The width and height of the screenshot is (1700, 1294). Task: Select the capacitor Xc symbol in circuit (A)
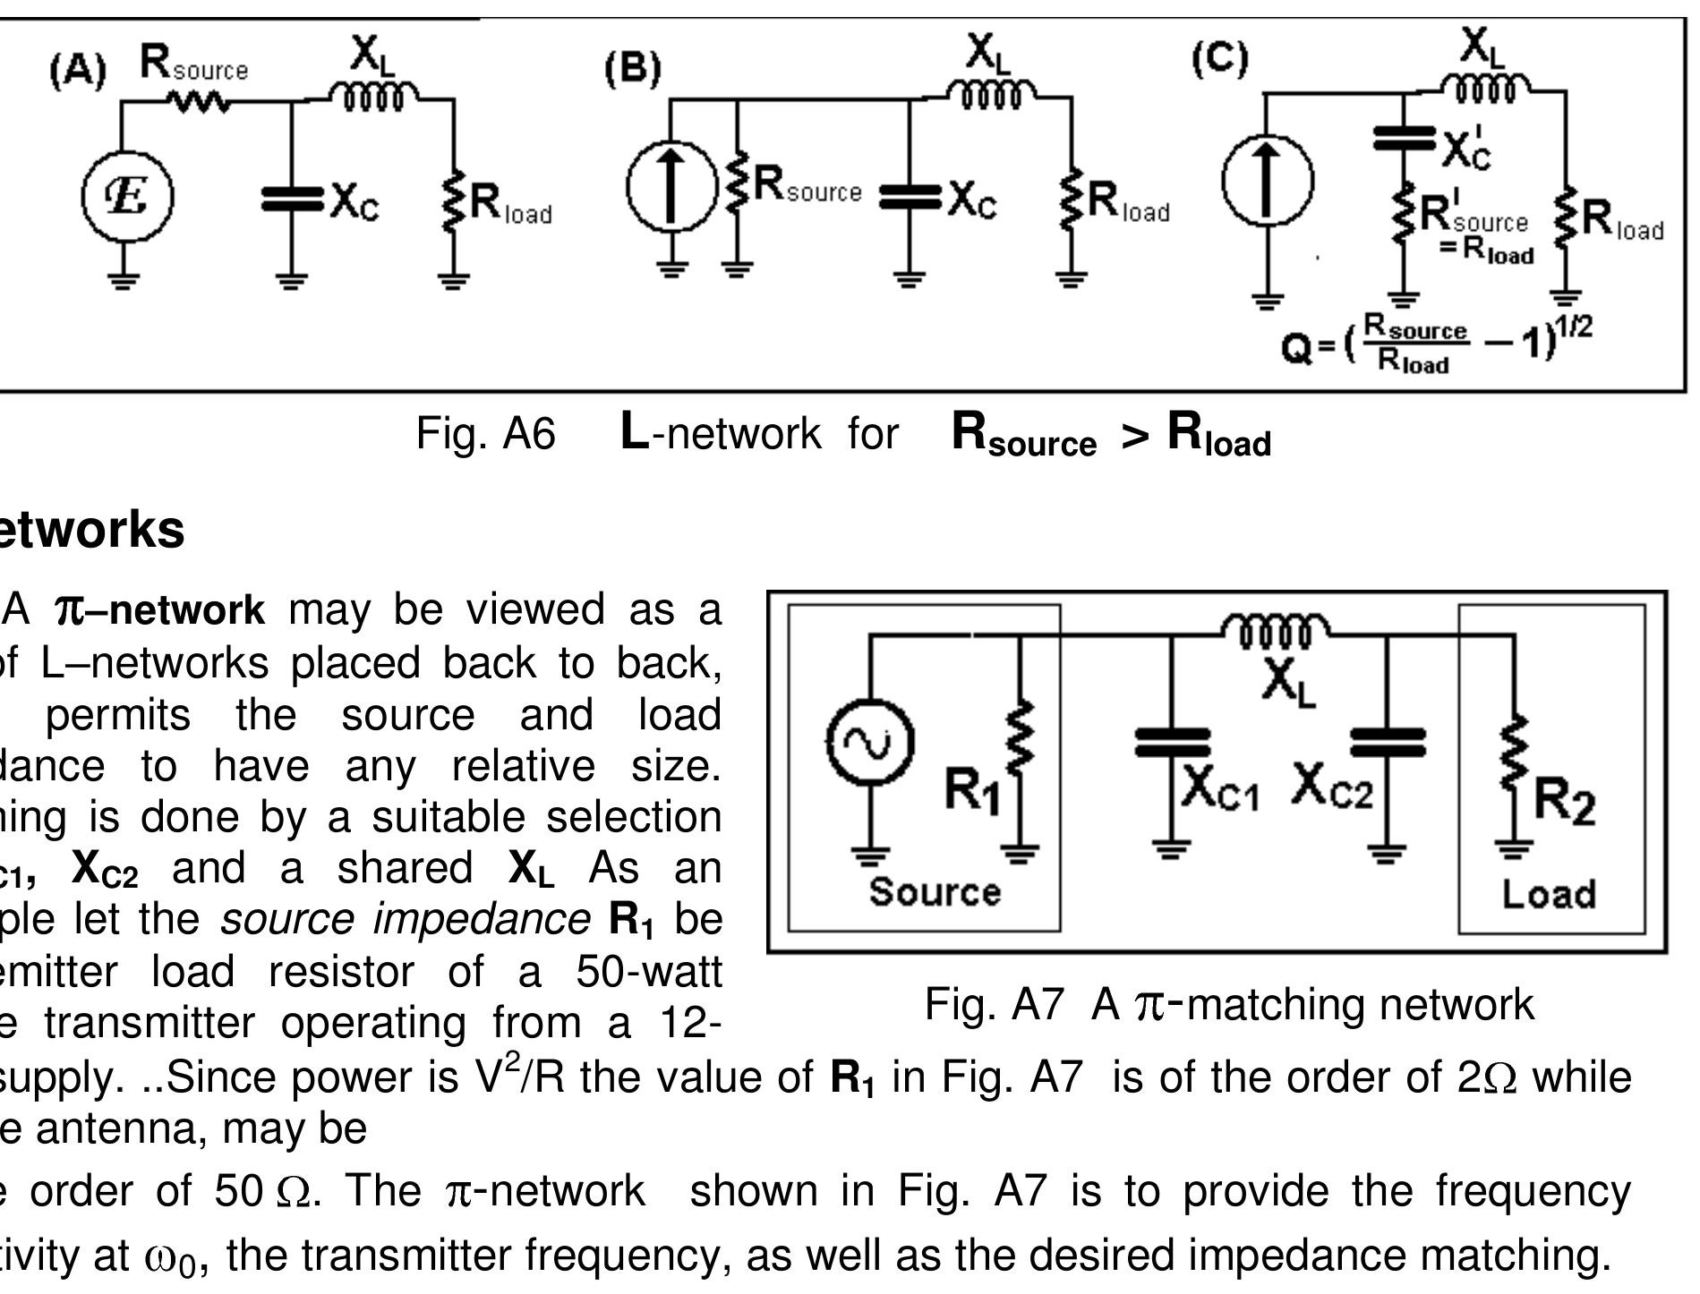coord(291,200)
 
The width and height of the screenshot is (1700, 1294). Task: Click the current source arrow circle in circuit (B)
coord(671,186)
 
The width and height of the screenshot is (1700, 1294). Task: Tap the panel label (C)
coord(1219,59)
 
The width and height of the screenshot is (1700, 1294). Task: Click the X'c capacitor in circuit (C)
coord(1404,140)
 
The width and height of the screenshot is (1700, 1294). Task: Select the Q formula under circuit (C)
coord(1436,344)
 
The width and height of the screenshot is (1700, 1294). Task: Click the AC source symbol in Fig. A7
coord(870,742)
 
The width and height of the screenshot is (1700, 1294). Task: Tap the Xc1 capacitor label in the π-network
coord(1219,788)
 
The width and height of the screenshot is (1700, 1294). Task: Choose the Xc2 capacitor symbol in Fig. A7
coord(1387,743)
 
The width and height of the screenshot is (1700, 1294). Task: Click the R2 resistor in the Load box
coord(1514,761)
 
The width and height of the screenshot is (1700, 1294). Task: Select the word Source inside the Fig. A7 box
coord(935,891)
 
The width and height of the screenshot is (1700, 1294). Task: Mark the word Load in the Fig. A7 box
coord(1548,894)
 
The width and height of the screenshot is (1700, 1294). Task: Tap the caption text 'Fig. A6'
coord(485,434)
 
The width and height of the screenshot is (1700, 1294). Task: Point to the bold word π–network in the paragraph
coord(160,610)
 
